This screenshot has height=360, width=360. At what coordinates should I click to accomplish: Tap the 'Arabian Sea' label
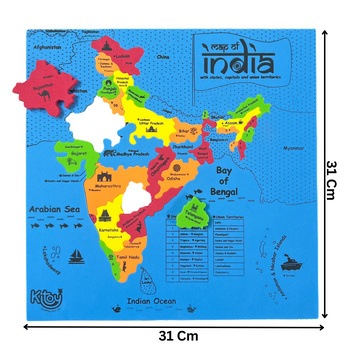click(51, 211)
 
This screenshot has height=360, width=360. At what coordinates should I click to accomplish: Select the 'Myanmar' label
click(293, 150)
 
